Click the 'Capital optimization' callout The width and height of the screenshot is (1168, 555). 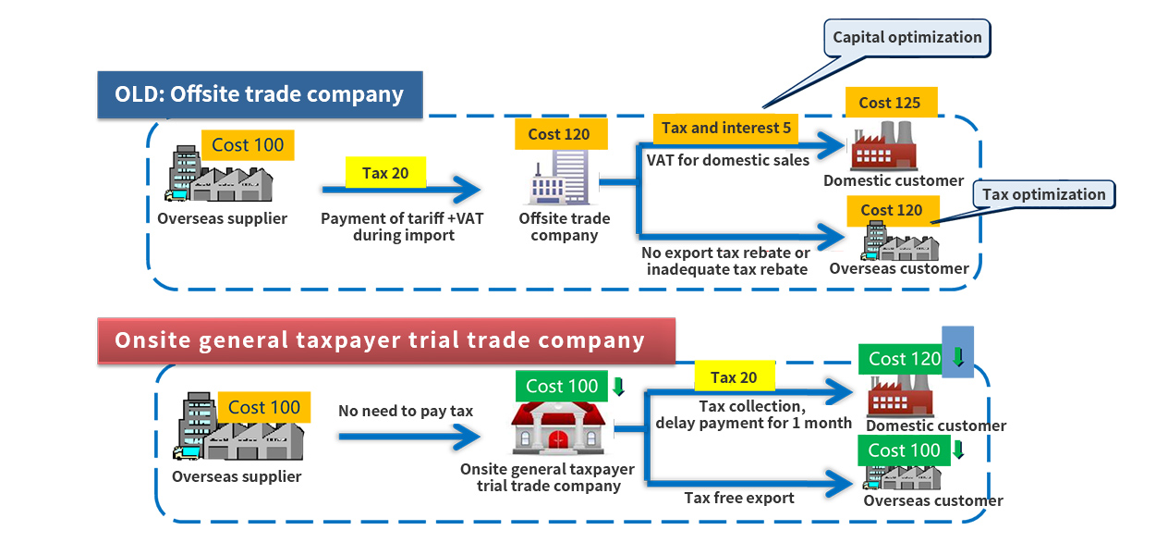pyautogui.click(x=906, y=38)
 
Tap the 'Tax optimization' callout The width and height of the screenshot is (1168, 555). pyautogui.click(x=1043, y=194)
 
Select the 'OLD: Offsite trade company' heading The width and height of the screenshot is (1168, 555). pyautogui.click(x=260, y=94)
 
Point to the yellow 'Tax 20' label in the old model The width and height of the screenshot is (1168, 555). pyautogui.click(x=385, y=173)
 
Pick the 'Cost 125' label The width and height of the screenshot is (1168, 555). pyautogui.click(x=889, y=103)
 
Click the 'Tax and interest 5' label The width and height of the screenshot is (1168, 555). pyautogui.click(x=725, y=128)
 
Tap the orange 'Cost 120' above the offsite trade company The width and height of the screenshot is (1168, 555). pyautogui.click(x=558, y=134)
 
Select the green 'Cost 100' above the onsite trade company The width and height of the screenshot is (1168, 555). pyautogui.click(x=562, y=386)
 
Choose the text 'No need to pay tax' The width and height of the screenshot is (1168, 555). pyautogui.click(x=405, y=411)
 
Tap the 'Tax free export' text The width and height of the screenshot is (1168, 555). pyautogui.click(x=738, y=498)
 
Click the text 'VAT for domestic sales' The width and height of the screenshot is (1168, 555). pyautogui.click(x=727, y=160)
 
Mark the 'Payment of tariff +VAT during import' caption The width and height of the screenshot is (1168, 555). pyautogui.click(x=402, y=227)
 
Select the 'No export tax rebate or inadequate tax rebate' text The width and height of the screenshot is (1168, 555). pyautogui.click(x=725, y=261)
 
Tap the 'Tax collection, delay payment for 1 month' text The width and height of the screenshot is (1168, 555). pyautogui.click(x=753, y=414)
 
